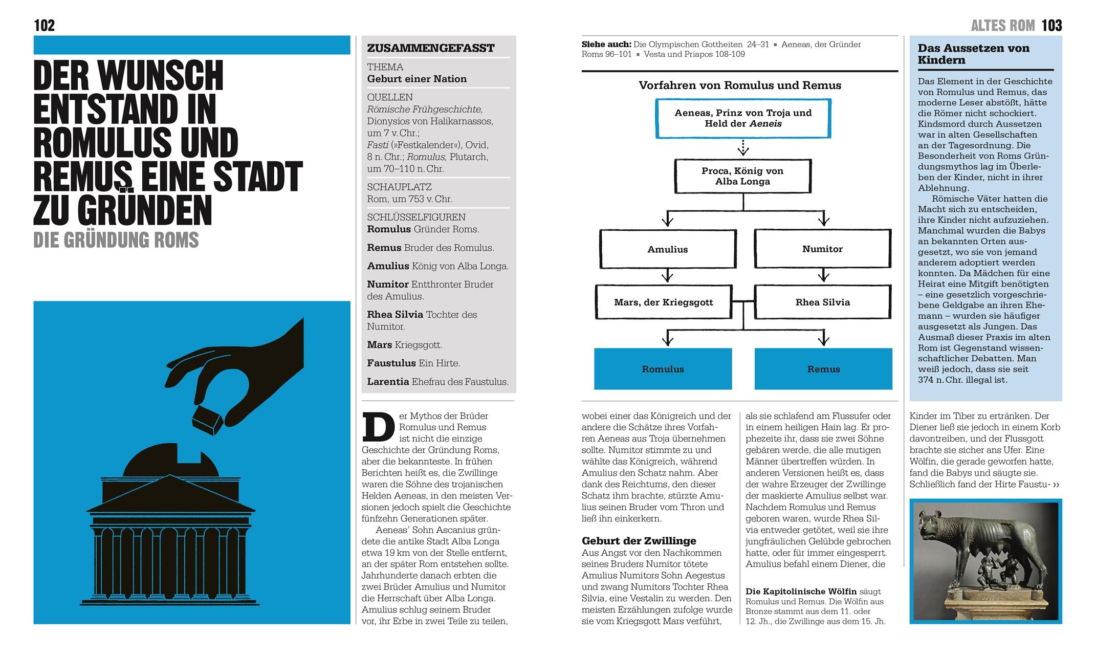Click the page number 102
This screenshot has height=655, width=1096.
[44, 25]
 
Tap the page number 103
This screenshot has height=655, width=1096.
[1051, 25]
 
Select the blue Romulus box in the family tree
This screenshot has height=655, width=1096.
[663, 369]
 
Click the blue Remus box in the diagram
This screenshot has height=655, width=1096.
[823, 369]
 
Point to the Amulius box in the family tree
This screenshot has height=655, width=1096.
[668, 249]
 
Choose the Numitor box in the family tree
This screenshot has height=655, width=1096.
[822, 249]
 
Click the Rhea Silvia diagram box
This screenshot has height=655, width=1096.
[822, 302]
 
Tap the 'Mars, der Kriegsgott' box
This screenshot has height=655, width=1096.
[663, 302]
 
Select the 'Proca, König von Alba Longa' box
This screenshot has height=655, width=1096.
[742, 176]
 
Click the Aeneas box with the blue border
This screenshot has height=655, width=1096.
[743, 118]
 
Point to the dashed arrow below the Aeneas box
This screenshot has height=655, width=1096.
[743, 148]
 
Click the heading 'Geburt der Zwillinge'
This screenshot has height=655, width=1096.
[639, 541]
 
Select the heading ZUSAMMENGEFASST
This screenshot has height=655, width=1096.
[431, 48]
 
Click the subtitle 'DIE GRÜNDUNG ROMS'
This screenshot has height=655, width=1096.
[116, 240]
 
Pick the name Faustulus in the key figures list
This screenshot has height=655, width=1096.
[391, 363]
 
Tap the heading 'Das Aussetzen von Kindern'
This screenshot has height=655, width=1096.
[973, 54]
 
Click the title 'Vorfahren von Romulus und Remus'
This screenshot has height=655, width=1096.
[739, 85]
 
